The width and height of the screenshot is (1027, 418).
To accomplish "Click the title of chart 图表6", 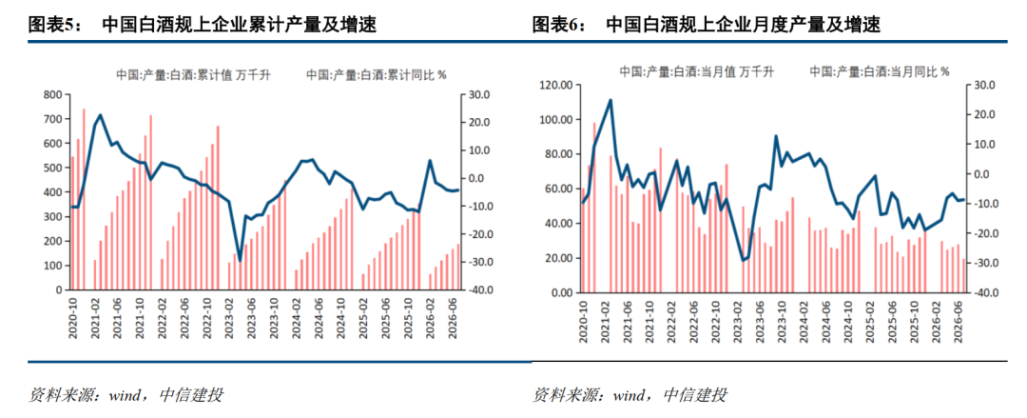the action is click(x=706, y=26).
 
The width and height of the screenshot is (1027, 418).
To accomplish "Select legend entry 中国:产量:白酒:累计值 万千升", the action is click(x=193, y=75).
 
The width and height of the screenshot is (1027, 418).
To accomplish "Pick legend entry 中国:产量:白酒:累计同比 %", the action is click(x=377, y=75).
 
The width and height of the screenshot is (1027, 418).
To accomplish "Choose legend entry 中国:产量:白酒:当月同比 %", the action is click(x=880, y=71).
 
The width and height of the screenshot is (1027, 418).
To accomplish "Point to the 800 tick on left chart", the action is click(x=53, y=94).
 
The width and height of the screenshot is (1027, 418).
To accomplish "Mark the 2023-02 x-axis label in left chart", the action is click(x=230, y=320).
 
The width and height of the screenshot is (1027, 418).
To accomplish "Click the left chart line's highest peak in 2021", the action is click(x=100, y=115).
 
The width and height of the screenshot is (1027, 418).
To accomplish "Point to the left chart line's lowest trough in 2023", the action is click(x=241, y=261).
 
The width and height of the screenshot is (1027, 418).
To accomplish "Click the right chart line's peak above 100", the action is click(x=610, y=100).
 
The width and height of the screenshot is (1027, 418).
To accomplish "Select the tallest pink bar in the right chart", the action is click(x=594, y=208).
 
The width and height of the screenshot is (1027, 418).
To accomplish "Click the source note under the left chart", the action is click(x=126, y=395).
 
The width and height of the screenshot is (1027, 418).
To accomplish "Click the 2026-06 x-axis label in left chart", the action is click(x=453, y=320).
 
